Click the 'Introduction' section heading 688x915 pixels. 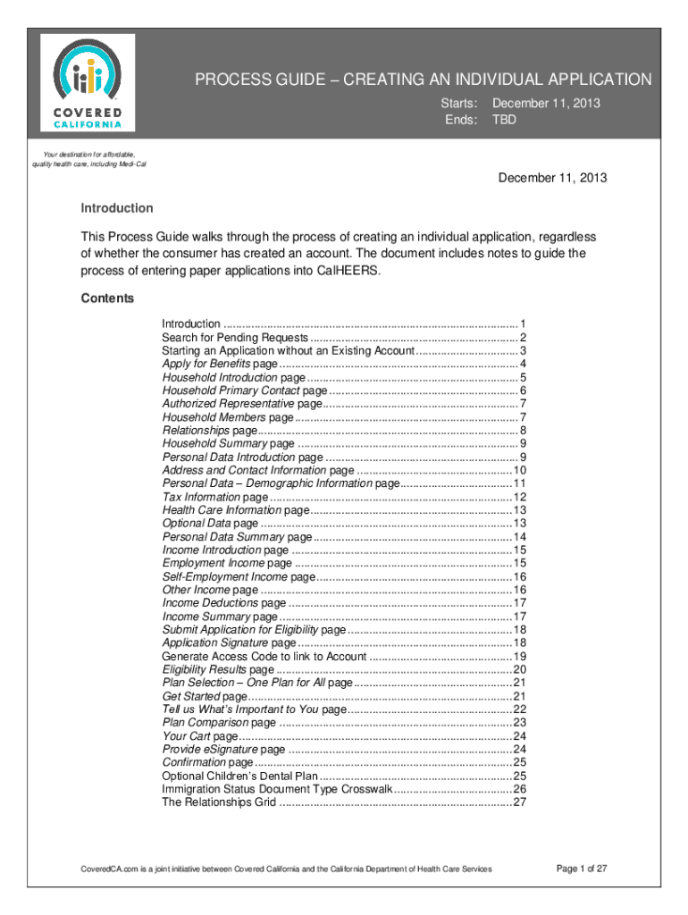[117, 208]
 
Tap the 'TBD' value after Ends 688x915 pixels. [504, 119]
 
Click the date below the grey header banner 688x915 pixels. [552, 178]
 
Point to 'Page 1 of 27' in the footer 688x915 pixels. [582, 869]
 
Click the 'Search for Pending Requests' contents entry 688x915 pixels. [235, 337]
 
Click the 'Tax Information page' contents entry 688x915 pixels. [214, 497]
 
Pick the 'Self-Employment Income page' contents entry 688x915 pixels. [239, 577]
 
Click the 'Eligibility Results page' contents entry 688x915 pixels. [218, 670]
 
